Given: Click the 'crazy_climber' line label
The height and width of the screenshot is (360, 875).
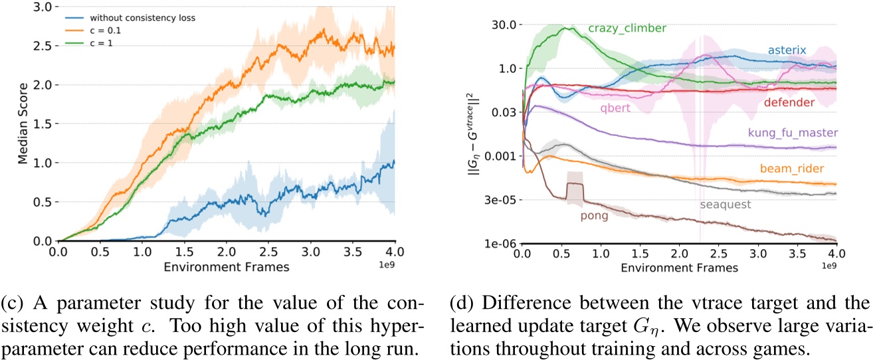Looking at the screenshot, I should tap(627, 29).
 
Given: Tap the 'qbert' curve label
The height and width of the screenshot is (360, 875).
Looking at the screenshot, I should tap(615, 108).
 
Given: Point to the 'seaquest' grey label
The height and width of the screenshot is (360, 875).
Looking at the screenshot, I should tap(725, 205).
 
